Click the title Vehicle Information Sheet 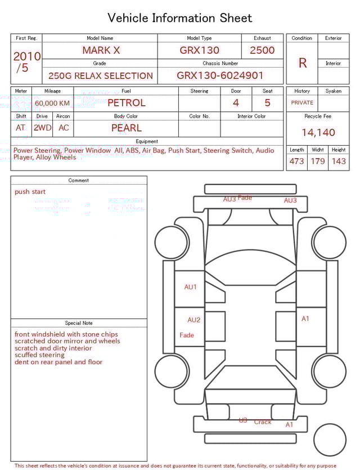pos(180,18)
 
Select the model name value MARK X pos(101,50)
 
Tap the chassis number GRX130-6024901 pos(220,75)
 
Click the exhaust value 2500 pos(262,50)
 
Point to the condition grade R pos(302,63)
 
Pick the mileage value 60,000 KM pos(52,103)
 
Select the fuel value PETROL pos(126,102)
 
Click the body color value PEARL pos(126,128)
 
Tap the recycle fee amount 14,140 pos(318,132)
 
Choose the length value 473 pos(296,161)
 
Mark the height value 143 pos(339,161)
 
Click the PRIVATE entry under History pos(302,102)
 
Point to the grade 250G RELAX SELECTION pos(100,75)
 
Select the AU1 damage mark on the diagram pos(191,287)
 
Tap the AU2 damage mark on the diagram pos(193,320)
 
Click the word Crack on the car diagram pos(263,422)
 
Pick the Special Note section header pos(79,323)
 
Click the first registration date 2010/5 pos(26,62)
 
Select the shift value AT pos(21,128)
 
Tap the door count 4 pos(236,102)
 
